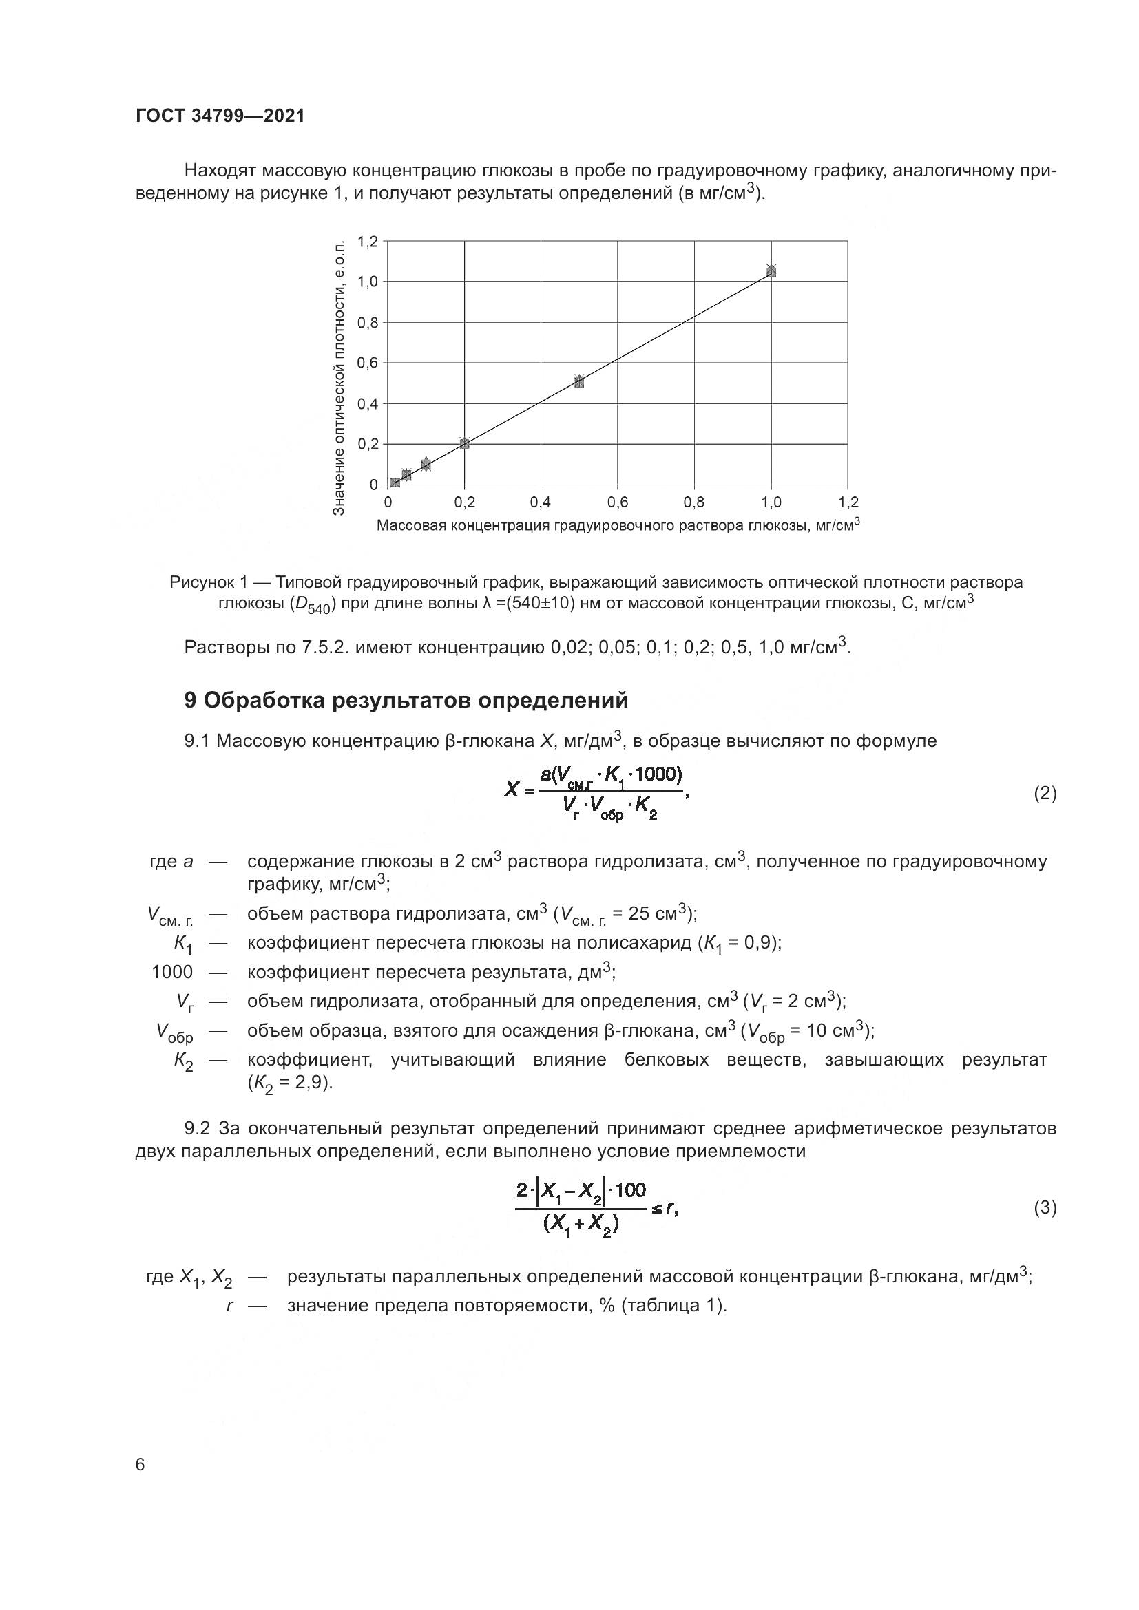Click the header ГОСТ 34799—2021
pyautogui.click(x=220, y=116)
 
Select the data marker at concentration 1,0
pyautogui.click(x=771, y=271)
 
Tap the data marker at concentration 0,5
pyautogui.click(x=579, y=381)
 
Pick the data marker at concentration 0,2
pyautogui.click(x=464, y=443)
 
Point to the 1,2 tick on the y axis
pyautogui.click(x=368, y=242)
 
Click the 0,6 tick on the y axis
pyautogui.click(x=368, y=363)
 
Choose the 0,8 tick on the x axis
pyautogui.click(x=694, y=502)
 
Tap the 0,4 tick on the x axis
pyautogui.click(x=541, y=502)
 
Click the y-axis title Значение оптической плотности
pyautogui.click(x=339, y=378)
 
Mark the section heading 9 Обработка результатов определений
pyautogui.click(x=406, y=701)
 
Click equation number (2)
pyautogui.click(x=1045, y=794)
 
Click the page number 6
pyautogui.click(x=140, y=1465)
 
